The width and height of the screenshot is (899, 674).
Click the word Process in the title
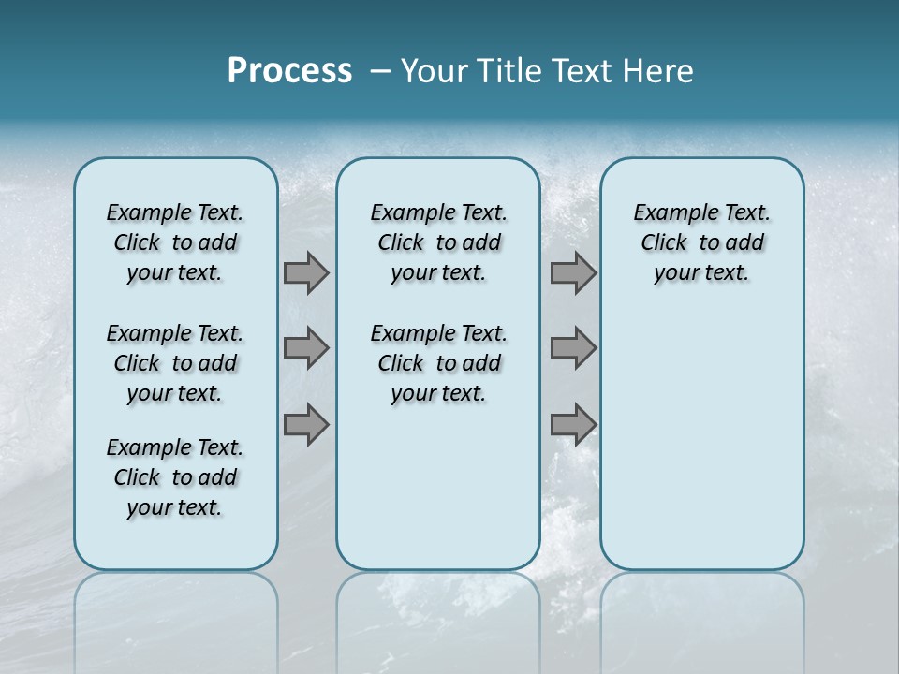pos(289,70)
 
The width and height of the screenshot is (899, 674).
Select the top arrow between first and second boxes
pos(306,272)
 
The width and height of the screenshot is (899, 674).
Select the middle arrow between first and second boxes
pos(306,348)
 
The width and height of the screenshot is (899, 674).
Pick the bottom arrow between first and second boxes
pos(306,425)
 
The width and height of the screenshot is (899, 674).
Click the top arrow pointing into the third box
pos(573,272)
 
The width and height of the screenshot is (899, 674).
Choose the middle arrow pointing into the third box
pos(573,348)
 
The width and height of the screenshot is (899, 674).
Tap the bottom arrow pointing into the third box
pos(573,425)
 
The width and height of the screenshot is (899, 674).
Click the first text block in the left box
pos(175,242)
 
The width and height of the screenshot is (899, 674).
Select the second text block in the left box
pos(175,363)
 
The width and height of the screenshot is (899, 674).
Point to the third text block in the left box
pos(175,477)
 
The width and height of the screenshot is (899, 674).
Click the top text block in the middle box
pos(438,242)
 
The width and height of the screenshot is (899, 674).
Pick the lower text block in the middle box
pos(438,363)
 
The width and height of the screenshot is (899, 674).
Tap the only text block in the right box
pos(702,242)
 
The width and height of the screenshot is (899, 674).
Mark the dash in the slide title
pos(380,70)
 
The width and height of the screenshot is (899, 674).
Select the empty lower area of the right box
pos(702,440)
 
